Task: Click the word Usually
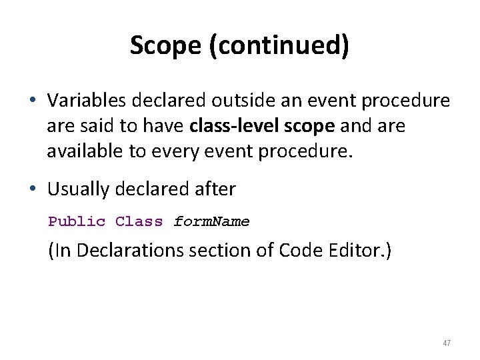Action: (x=78, y=189)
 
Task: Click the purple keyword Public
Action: (x=77, y=221)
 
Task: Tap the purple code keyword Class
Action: (x=139, y=221)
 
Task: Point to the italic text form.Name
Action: (x=211, y=221)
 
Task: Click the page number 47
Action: (x=447, y=343)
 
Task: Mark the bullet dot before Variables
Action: (x=32, y=101)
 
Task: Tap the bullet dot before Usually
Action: (x=32, y=190)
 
